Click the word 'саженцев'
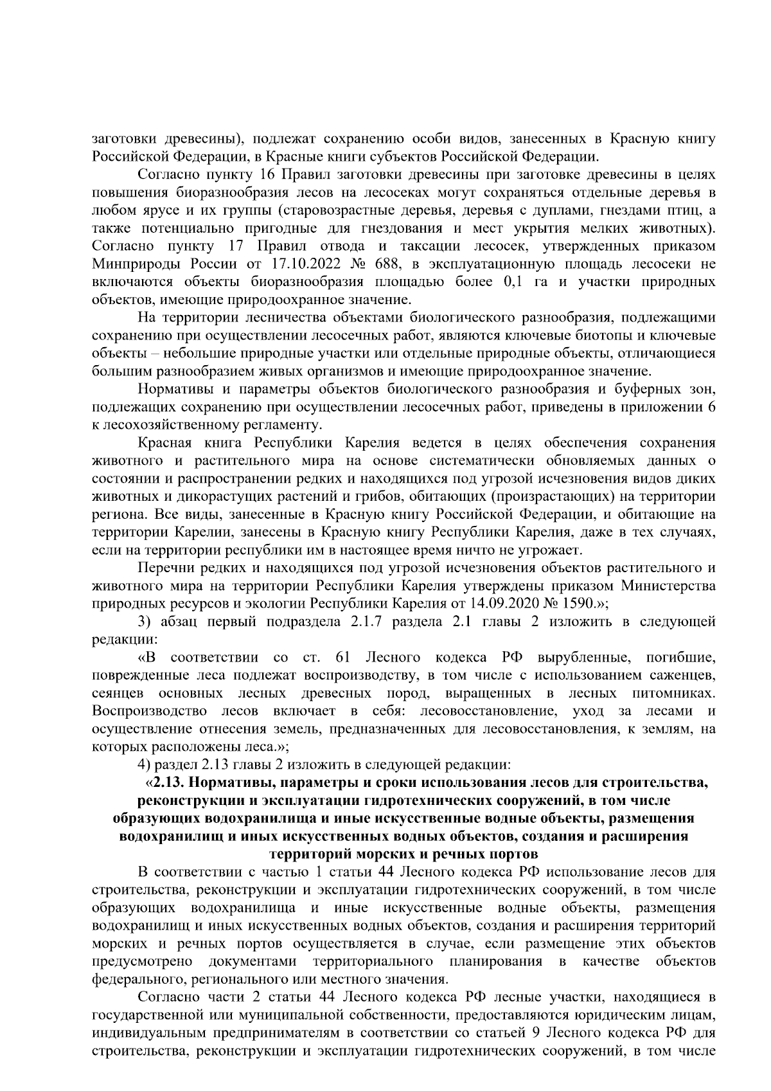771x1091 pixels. [x=682, y=676]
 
